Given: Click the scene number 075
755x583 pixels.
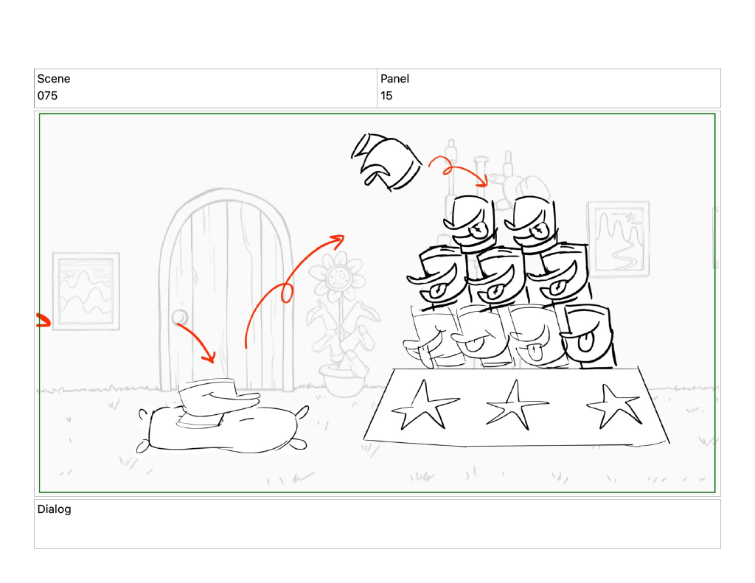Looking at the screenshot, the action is tap(47, 96).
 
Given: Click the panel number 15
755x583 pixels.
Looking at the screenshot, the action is tap(386, 96).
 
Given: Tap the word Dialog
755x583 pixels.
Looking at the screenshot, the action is tap(54, 509).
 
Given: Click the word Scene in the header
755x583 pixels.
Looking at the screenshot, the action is tap(53, 78).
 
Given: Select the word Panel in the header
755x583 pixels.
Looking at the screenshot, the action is tap(394, 78).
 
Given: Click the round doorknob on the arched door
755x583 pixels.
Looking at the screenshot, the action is tap(180, 317).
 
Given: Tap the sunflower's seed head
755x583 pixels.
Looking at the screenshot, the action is tap(338, 277).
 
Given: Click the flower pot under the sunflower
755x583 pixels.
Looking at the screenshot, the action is tap(343, 380).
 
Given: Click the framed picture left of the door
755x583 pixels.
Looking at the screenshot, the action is tap(86, 291).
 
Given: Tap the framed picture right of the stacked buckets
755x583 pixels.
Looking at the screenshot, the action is tap(619, 239).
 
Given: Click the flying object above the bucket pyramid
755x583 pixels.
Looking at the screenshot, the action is tap(386, 161).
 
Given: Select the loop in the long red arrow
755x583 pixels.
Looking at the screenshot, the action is tap(287, 293).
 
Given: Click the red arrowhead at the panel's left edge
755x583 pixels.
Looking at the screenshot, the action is tap(44, 320).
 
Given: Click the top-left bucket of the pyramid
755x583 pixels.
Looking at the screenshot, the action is tap(470, 224).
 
